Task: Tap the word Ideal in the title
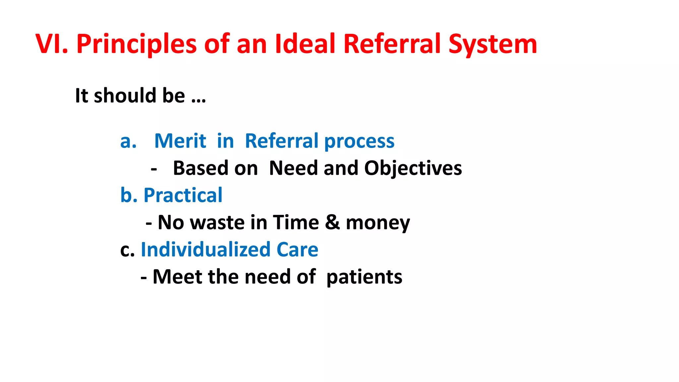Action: tap(305, 44)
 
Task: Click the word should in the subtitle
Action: tap(125, 95)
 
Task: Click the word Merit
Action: tap(180, 141)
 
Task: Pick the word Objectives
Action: tap(413, 168)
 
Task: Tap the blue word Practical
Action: tap(183, 195)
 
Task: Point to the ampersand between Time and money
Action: tap(332, 222)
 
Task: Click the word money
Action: tap(378, 223)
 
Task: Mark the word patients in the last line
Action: tap(364, 278)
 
